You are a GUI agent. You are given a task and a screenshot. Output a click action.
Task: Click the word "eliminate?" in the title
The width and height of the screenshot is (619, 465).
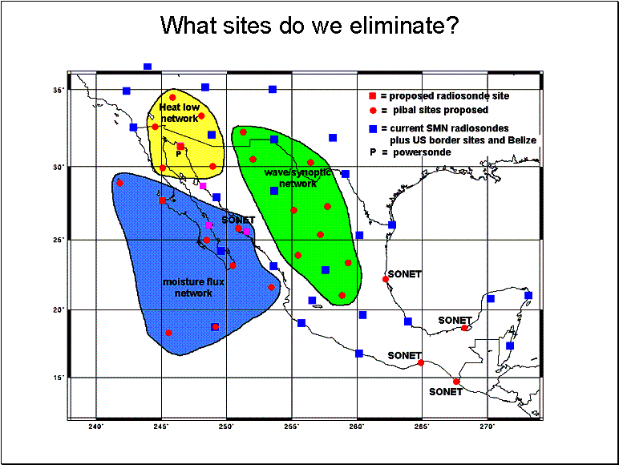tap(404, 26)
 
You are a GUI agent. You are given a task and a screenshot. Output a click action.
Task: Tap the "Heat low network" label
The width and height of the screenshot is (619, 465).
tap(180, 113)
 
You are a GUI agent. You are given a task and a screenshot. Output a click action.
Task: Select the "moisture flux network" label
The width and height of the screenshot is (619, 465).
tap(193, 287)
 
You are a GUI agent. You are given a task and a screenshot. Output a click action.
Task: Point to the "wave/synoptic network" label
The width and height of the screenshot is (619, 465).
tap(297, 178)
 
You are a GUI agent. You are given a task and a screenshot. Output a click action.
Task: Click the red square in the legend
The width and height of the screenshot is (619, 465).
tap(372, 96)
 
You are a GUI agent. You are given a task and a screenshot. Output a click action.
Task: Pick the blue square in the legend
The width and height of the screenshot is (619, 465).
tap(373, 129)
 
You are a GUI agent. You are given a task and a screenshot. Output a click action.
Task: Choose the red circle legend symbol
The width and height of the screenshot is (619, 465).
tap(373, 111)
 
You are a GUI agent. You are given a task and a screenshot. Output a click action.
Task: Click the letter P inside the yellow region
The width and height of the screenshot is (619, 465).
tap(179, 154)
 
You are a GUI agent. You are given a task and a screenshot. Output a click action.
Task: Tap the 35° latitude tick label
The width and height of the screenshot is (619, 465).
tap(59, 90)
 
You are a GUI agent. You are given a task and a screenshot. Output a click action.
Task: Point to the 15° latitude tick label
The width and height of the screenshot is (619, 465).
tap(59, 378)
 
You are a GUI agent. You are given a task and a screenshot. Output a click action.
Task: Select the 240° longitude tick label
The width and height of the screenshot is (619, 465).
tap(96, 427)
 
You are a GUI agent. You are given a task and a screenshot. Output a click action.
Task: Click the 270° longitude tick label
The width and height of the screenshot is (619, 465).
tap(488, 427)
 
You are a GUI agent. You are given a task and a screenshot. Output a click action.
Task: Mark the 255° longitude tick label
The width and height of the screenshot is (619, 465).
tap(292, 427)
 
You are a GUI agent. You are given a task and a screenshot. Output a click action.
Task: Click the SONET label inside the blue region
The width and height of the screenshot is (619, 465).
tap(238, 220)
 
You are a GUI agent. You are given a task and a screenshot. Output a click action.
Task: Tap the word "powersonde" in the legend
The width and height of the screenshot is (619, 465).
tap(422, 152)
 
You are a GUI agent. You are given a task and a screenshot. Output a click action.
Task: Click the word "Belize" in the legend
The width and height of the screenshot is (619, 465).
tap(521, 140)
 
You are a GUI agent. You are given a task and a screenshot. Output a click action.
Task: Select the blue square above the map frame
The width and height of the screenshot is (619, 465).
tap(148, 67)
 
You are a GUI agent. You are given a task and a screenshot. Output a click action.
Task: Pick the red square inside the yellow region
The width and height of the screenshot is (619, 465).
tap(180, 147)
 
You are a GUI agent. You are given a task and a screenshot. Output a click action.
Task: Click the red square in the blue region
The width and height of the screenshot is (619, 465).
tap(162, 200)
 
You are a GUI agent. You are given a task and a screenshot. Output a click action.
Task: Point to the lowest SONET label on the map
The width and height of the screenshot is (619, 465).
tap(446, 392)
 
